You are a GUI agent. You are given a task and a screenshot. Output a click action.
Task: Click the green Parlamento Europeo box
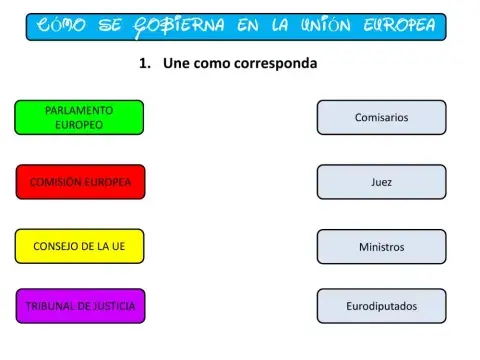click(79, 117)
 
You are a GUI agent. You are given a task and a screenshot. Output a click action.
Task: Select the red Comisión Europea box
click(80, 182)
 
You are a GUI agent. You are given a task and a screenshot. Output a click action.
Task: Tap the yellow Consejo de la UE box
click(79, 246)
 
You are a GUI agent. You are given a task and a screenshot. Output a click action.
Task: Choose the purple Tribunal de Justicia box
click(80, 306)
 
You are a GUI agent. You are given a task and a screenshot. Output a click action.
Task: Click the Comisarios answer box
click(381, 117)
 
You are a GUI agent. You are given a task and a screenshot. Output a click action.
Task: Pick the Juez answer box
click(381, 182)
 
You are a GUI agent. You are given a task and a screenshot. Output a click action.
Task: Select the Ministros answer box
click(381, 246)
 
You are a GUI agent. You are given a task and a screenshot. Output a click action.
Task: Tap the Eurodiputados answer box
click(381, 306)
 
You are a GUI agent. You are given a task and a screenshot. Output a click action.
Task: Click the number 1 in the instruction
click(144, 64)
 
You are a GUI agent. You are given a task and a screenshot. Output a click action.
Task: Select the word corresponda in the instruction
click(273, 64)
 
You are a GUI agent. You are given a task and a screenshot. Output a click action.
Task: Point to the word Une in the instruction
click(175, 64)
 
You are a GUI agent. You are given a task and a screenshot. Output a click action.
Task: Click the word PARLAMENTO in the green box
click(79, 109)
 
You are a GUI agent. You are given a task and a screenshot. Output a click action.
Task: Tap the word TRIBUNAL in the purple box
click(49, 306)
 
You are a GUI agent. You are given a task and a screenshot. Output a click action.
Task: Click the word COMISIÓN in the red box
click(52, 182)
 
